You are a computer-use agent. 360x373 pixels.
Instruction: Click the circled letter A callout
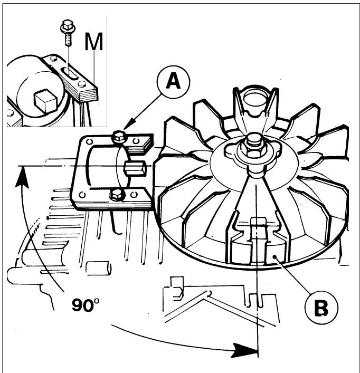pyautogui.click(x=174, y=82)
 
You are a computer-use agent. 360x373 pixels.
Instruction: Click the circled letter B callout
pyautogui.click(x=321, y=308)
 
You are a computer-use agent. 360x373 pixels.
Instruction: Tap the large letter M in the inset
pyautogui.click(x=94, y=42)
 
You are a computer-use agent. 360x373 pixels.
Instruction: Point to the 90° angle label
pyautogui.click(x=86, y=305)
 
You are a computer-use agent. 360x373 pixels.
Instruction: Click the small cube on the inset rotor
pyautogui.click(x=45, y=100)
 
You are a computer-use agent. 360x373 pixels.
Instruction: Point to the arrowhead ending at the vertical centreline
pyautogui.click(x=244, y=350)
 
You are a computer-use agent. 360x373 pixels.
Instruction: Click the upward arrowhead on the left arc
pyautogui.click(x=22, y=177)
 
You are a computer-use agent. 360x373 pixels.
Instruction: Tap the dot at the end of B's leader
pyautogui.click(x=276, y=256)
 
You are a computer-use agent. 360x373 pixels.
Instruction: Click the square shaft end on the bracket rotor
pyautogui.click(x=135, y=168)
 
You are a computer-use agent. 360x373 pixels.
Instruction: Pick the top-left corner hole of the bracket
pyautogui.click(x=89, y=142)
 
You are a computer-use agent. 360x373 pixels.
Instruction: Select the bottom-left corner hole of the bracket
pyautogui.click(x=82, y=195)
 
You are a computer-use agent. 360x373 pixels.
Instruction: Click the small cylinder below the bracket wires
pyautogui.click(x=98, y=268)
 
